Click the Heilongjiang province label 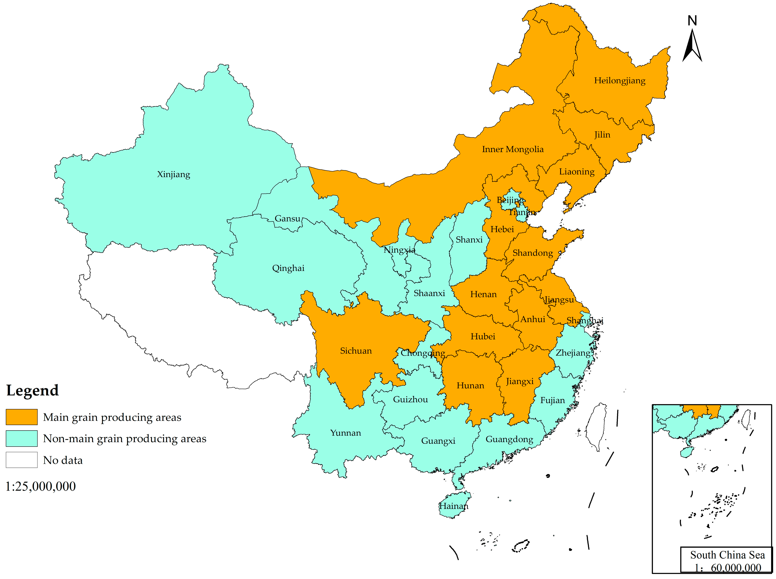619,81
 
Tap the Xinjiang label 173,174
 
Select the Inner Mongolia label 512,149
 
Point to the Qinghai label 288,268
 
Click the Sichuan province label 356,351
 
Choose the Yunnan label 345,433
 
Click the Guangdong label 509,439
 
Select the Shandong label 533,253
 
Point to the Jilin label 602,135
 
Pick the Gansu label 287,218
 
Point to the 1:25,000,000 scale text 40,486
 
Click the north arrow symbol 692,45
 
